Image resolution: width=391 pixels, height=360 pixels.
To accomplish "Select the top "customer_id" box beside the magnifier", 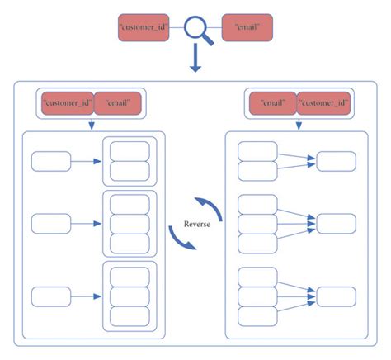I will tap(144, 27).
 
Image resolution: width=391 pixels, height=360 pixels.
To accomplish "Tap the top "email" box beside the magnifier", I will tap(247, 27).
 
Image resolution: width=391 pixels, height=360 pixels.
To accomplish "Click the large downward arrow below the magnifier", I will tap(195, 60).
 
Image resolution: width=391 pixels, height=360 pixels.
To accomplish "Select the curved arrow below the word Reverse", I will tap(182, 239).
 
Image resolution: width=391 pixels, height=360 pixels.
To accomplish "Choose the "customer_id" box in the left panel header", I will tap(68, 103).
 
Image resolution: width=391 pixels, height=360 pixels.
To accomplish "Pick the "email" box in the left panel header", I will tap(118, 103).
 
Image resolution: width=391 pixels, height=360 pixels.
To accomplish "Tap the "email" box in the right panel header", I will tap(273, 103).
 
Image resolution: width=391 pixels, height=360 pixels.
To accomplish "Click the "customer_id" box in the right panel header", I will tap(322, 103).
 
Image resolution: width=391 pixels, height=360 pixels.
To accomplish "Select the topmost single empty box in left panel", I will tap(51, 161).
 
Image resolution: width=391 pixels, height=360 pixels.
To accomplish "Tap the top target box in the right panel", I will tap(336, 161).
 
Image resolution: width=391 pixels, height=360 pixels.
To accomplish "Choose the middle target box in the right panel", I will tap(336, 223).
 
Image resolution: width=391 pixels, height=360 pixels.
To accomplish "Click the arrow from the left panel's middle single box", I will tap(86, 223).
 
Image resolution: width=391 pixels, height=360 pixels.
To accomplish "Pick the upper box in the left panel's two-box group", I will tap(130, 151).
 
